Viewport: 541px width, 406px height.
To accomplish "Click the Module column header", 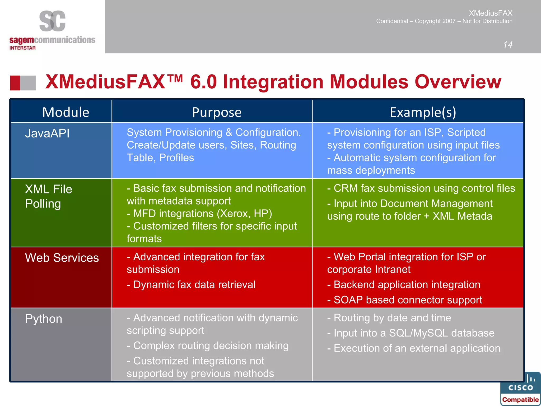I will coord(66,112).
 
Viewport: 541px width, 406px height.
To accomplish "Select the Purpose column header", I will coord(217,112).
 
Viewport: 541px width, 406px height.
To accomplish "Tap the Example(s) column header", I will coord(423,112).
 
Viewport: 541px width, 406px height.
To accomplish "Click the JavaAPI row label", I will coord(47,133).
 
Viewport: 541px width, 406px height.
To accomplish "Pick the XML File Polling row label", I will coord(48,196).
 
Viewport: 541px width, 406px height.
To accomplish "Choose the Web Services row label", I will coord(62,258).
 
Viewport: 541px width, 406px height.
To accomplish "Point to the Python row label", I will coord(44,319).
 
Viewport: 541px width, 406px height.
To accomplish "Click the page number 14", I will coord(507,44).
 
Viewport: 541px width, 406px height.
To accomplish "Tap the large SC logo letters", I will coord(52,21).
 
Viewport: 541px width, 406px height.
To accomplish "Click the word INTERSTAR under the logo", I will coord(22,48).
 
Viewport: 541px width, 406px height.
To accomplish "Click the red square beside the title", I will coord(15,83).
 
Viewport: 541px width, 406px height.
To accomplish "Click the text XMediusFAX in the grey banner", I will coord(491,13).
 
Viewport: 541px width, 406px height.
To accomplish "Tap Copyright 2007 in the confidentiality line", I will coord(435,21).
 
